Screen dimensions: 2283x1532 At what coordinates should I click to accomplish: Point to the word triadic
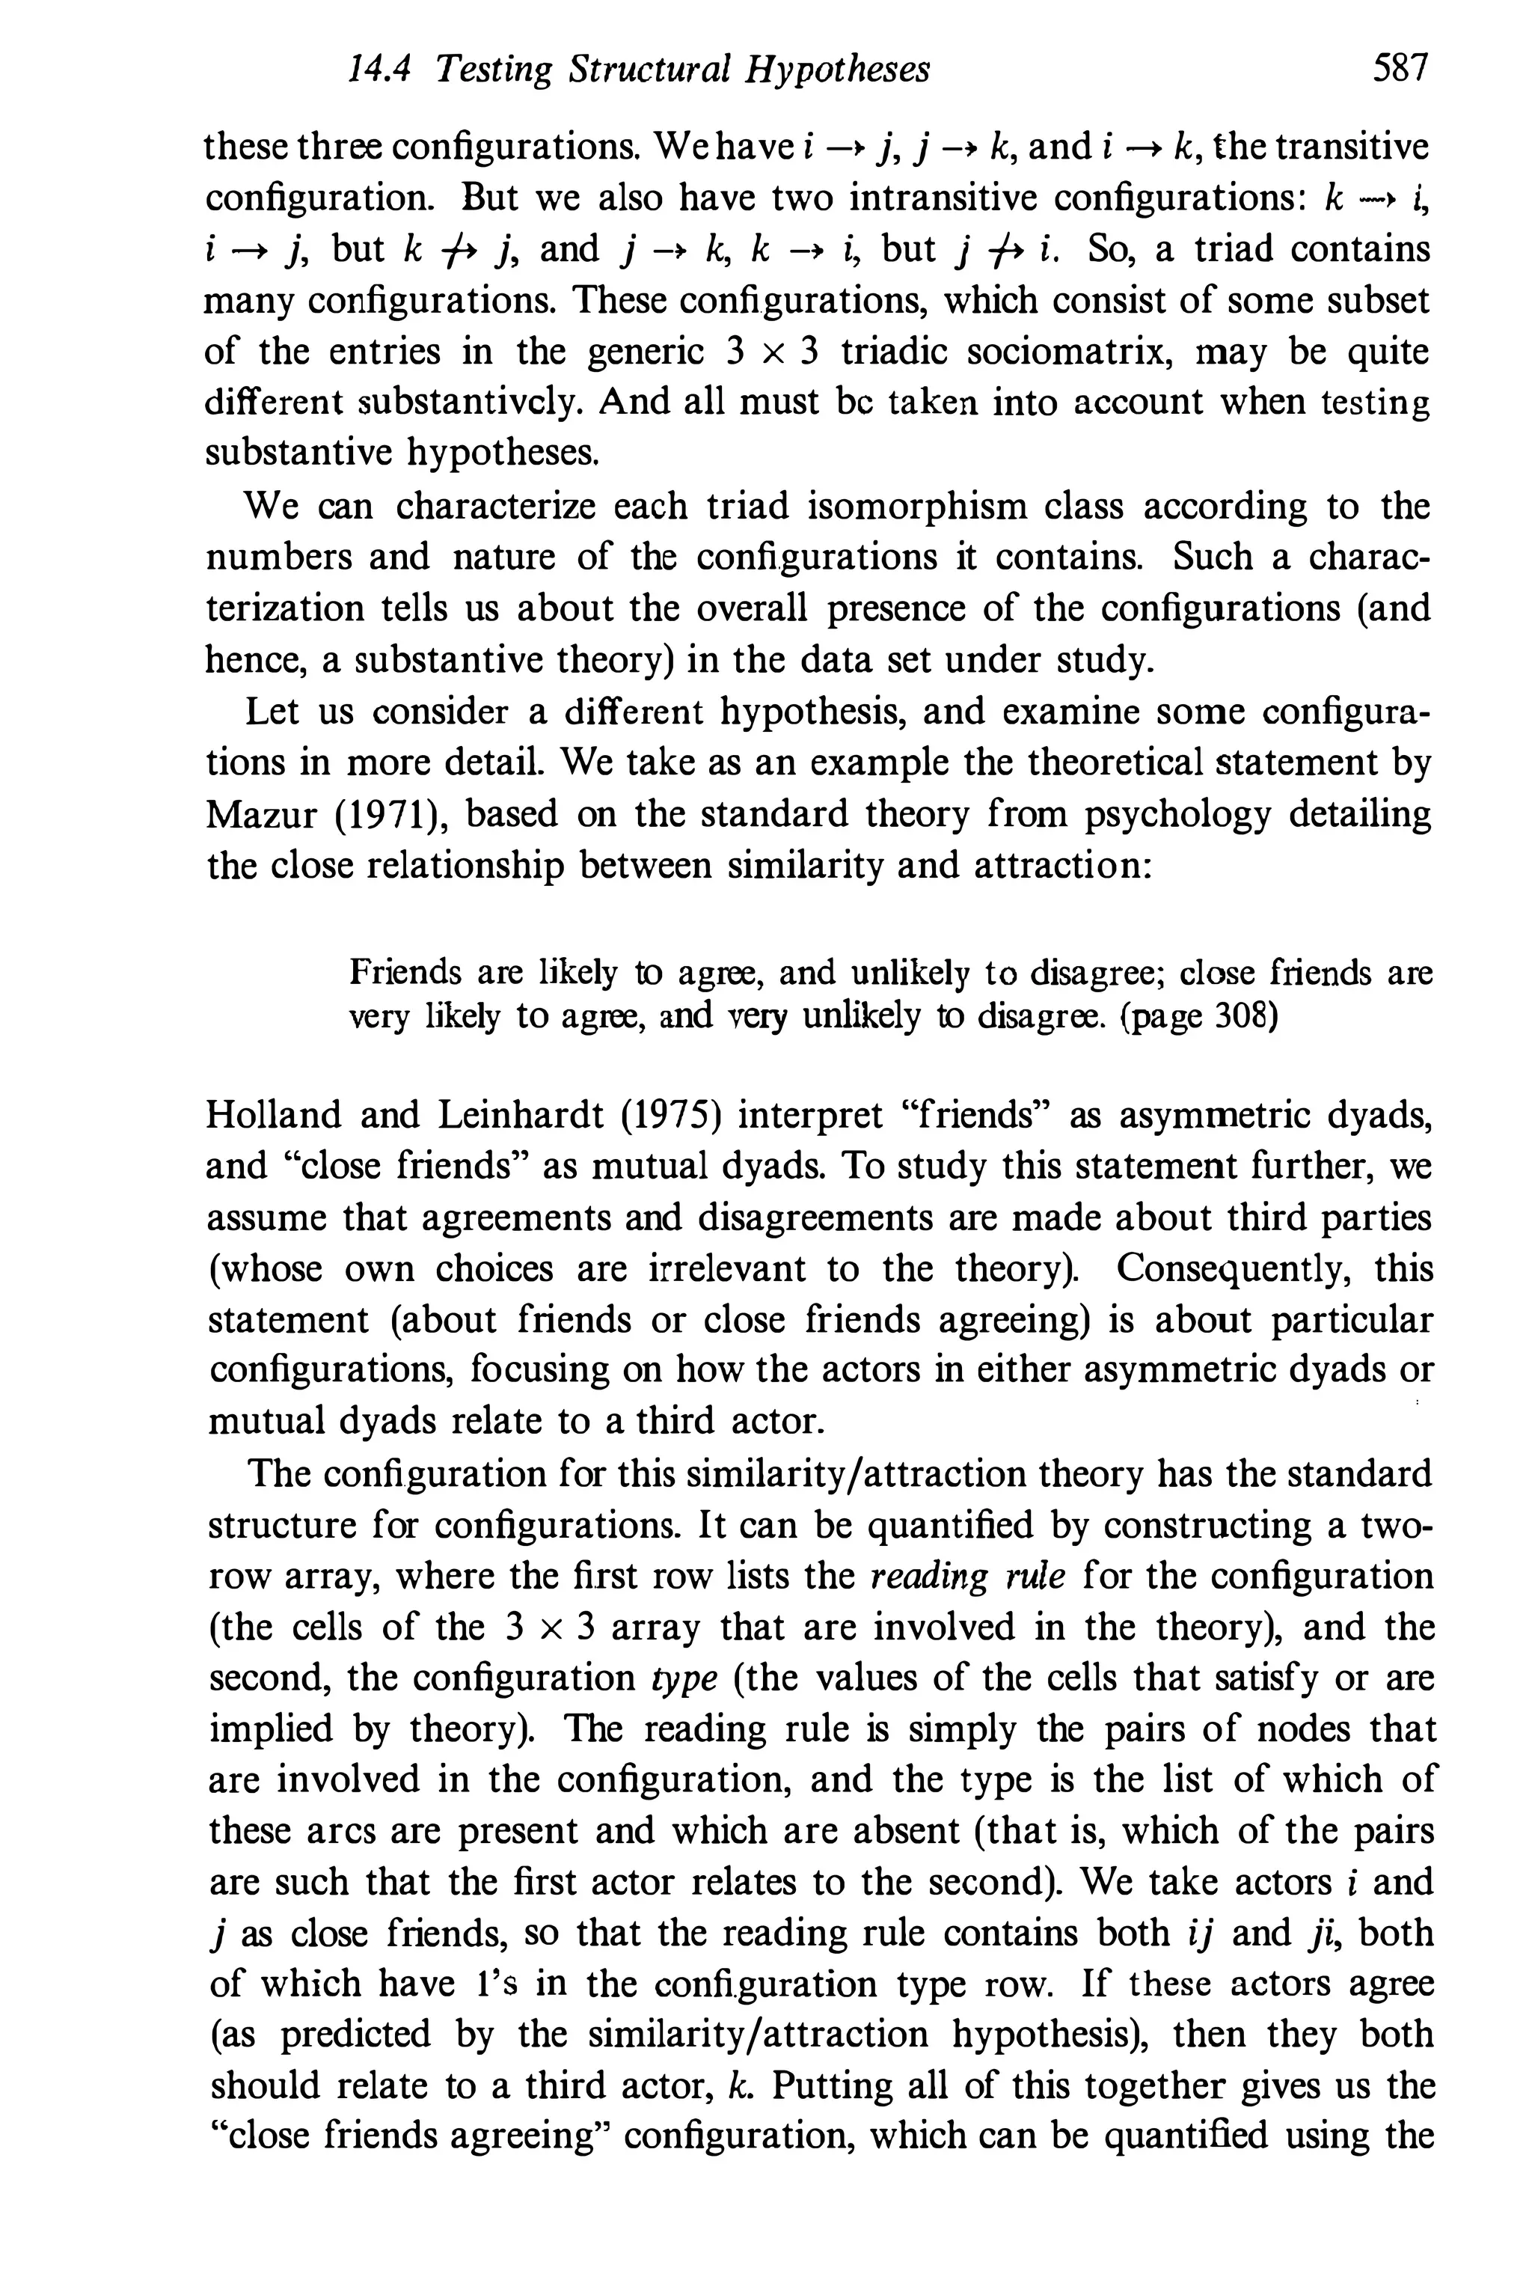click(x=891, y=351)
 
